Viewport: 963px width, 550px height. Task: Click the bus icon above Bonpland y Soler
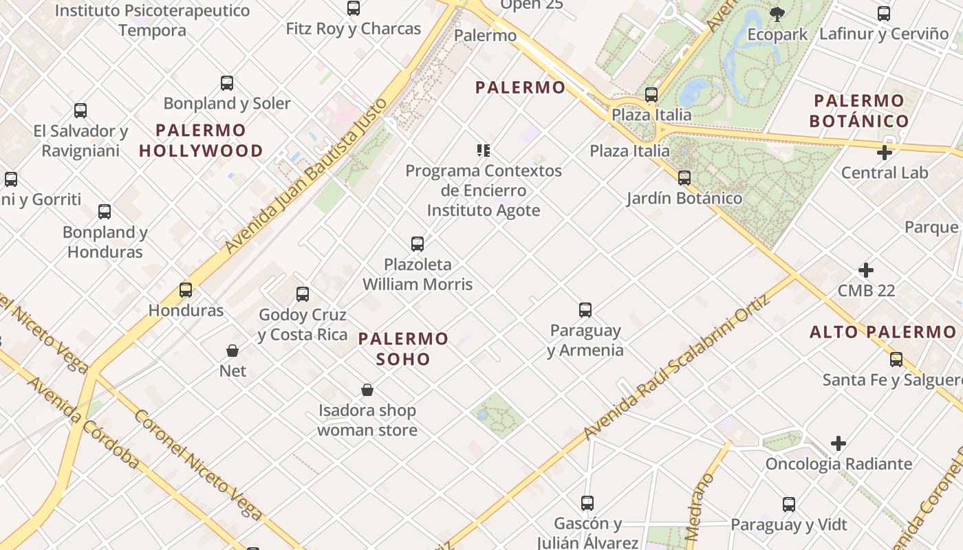[x=227, y=83]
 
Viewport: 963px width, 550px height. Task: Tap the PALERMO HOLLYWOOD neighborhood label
[x=201, y=140]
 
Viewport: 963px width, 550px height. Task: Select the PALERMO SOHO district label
[x=403, y=349]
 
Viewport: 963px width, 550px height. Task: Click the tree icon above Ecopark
[x=777, y=14]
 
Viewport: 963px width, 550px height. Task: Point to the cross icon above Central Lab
[x=885, y=153]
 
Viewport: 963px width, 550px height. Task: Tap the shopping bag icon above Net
[x=232, y=351]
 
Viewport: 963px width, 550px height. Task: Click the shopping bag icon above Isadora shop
[x=367, y=390]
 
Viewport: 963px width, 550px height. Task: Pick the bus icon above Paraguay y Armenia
[x=585, y=310]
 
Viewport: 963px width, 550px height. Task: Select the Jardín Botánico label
[x=684, y=198]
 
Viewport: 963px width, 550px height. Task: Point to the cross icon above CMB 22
[x=866, y=270]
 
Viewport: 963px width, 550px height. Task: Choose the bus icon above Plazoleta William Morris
[x=418, y=244]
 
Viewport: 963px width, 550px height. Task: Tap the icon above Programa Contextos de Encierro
[x=484, y=151]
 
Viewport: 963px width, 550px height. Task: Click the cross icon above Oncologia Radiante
[x=838, y=443]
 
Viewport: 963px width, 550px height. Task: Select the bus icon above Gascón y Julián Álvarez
[x=587, y=503]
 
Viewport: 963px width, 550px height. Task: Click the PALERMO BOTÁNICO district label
[x=859, y=111]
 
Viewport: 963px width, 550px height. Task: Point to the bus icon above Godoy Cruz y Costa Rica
[x=303, y=294]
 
